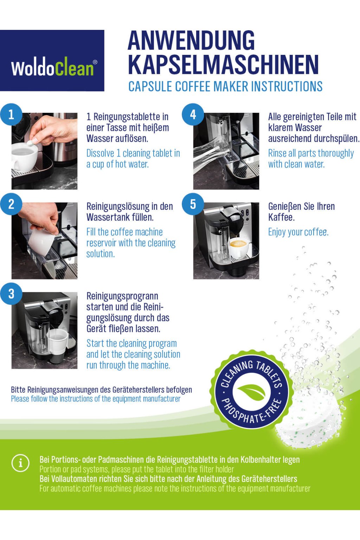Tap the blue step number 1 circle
coord(11,115)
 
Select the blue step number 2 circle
coord(11,204)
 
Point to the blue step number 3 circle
coord(11,294)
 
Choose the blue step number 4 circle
coord(193,115)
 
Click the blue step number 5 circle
coord(193,204)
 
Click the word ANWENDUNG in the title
coord(191,40)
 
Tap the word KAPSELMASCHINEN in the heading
coord(223,65)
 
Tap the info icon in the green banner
coord(20,463)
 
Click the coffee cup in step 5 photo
coord(239,248)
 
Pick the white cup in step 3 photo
coord(57,341)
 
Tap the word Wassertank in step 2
coord(106,217)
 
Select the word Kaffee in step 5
coord(281,217)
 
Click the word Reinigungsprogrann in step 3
coord(122,296)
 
